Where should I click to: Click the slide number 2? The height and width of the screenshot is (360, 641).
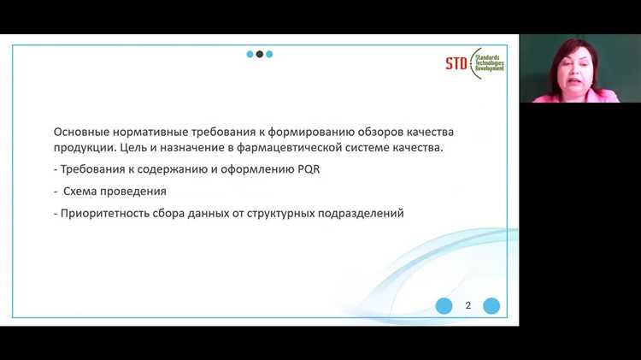468,305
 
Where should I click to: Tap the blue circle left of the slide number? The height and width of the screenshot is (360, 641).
444,306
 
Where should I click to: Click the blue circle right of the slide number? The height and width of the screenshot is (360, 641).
491,306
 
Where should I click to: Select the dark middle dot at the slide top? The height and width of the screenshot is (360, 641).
260,54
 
